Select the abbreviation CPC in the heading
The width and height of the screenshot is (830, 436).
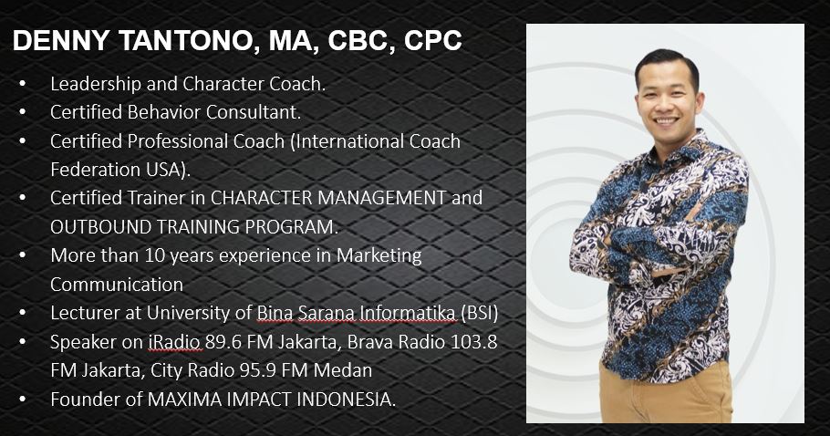[432, 41]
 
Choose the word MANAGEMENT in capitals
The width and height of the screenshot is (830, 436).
[381, 198]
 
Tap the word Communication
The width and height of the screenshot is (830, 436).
[117, 285]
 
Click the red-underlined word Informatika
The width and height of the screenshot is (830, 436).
[407, 313]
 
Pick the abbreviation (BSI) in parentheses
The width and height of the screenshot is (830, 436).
[479, 313]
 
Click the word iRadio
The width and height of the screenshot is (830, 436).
[175, 342]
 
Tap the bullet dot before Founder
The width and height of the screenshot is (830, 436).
[22, 399]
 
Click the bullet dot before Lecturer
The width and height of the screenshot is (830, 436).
[22, 313]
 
